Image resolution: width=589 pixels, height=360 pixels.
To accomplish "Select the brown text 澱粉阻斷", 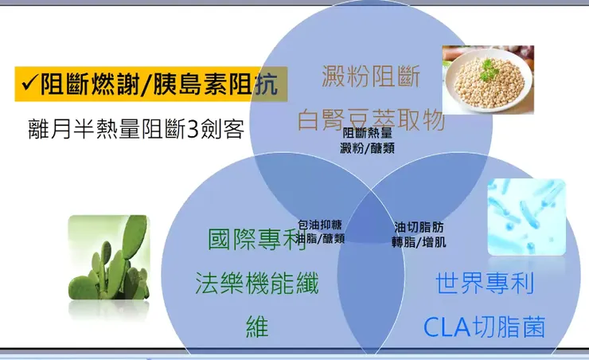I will (x=371, y=77).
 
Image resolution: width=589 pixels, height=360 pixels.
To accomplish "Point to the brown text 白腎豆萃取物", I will (x=371, y=120).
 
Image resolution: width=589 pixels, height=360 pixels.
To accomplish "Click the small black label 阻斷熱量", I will (x=367, y=134).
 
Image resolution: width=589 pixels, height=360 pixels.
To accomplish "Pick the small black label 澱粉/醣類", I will (x=367, y=147).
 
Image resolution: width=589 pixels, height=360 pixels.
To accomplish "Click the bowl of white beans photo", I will (x=488, y=80).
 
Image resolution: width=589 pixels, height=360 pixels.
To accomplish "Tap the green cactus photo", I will (x=108, y=257).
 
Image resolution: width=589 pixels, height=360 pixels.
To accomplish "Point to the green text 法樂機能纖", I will (x=256, y=283).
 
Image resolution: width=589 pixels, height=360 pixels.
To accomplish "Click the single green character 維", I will (x=256, y=327).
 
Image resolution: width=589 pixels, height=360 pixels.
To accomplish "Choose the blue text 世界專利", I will (x=485, y=283).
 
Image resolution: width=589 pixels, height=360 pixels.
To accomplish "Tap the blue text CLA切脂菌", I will (x=485, y=327).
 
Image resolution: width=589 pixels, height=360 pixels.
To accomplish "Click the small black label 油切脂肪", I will (x=419, y=227).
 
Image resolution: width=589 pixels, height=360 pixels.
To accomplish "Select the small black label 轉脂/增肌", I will (x=419, y=242).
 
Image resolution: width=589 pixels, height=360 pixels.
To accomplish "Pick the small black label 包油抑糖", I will (x=321, y=225).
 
